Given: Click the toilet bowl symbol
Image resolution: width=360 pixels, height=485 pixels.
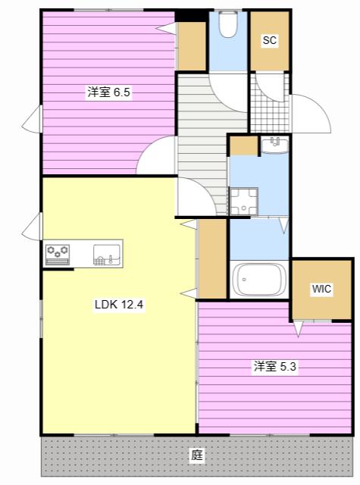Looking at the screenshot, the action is click(228, 24).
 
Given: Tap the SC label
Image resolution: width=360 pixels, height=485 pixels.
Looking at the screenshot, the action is click(269, 40).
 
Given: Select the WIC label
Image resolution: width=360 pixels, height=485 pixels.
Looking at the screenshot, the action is click(321, 289).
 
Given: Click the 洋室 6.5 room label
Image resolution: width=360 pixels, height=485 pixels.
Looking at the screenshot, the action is click(108, 92).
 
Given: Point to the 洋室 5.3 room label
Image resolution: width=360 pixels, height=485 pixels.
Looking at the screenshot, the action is click(275, 367).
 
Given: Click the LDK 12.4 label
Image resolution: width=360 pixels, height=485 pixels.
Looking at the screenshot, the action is click(119, 305).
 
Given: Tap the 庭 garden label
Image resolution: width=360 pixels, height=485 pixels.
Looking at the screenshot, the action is click(197, 455).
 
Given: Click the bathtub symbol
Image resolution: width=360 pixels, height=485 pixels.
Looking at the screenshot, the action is click(259, 280).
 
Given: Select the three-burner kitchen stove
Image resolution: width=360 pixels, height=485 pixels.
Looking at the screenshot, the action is click(58, 255).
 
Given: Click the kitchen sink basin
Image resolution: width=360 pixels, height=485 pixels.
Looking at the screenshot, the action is click(107, 255).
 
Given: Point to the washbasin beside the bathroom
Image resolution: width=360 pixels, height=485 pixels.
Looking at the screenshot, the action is click(274, 145).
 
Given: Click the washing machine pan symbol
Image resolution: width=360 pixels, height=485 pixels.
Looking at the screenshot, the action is click(243, 202).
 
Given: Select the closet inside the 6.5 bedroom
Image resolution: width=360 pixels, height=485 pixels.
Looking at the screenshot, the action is click(191, 46).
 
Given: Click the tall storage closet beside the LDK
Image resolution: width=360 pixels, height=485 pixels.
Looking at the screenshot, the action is click(213, 259).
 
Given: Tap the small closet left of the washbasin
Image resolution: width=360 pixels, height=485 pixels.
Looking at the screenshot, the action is click(244, 145).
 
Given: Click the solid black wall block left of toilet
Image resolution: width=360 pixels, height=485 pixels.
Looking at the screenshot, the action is click(192, 16).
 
